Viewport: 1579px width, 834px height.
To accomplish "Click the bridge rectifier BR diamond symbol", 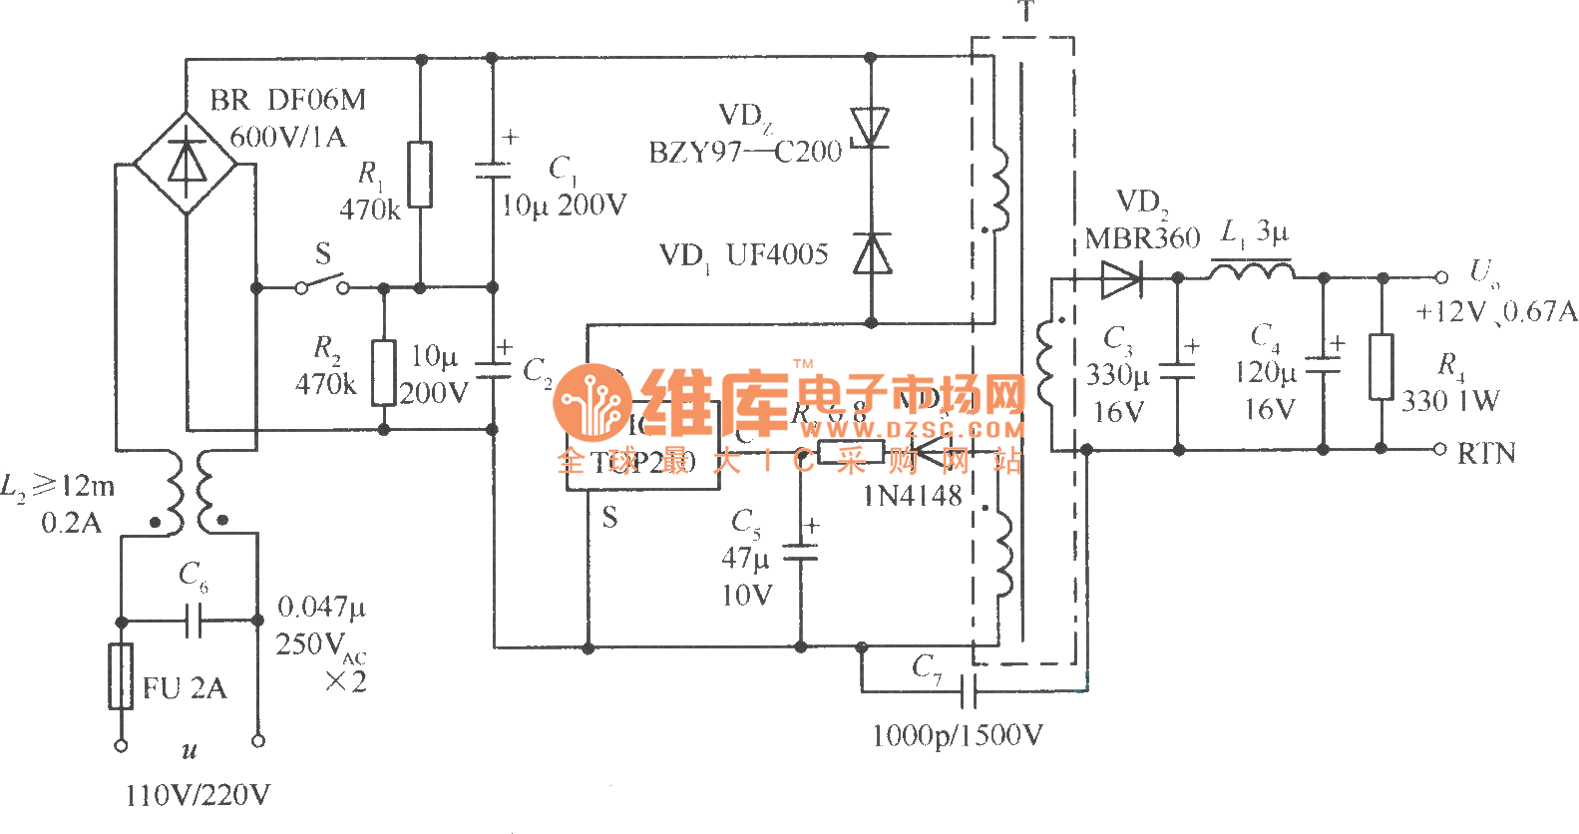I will (x=186, y=163).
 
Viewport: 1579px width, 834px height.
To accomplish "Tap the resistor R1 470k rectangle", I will (x=420, y=175).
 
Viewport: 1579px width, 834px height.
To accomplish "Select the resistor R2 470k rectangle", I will (x=383, y=372).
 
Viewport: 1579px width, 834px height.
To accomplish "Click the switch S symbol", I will (x=321, y=286).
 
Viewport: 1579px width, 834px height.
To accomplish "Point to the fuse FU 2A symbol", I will (x=121, y=676).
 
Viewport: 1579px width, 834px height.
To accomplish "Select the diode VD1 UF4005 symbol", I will (x=872, y=253).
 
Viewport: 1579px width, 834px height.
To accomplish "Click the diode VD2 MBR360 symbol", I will (x=1121, y=278).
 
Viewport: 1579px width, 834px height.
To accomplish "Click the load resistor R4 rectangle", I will (x=1382, y=366).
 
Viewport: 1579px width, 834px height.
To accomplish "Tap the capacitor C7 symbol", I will (x=967, y=689).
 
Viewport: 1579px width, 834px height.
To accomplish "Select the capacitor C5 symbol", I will (x=800, y=552).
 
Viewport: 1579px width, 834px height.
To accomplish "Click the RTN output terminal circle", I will (x=1439, y=449).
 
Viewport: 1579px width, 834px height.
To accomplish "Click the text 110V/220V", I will (x=197, y=795).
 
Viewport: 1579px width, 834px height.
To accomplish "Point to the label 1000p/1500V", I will (x=957, y=736).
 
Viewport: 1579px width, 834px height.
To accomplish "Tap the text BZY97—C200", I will (x=745, y=153).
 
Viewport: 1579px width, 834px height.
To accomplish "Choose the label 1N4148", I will (x=912, y=496).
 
